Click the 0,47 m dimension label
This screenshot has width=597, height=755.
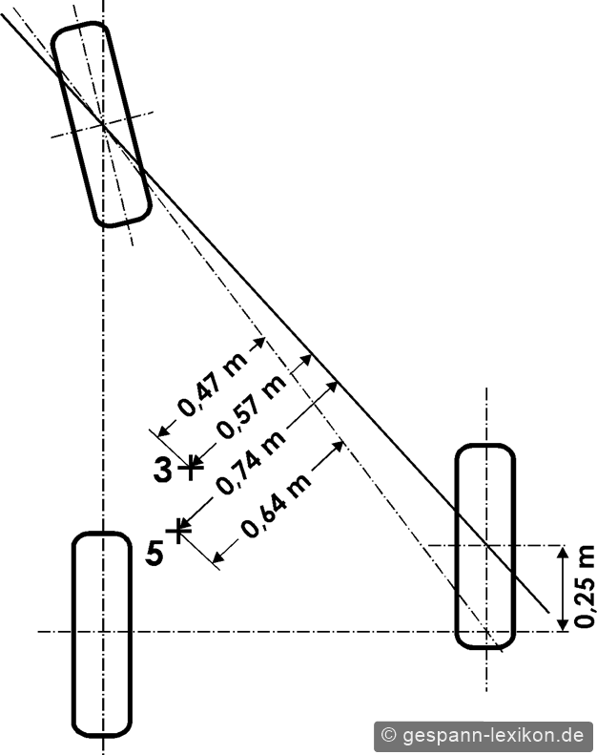point(212,384)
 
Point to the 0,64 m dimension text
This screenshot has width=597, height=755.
point(277,506)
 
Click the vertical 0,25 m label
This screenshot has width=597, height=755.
point(584,586)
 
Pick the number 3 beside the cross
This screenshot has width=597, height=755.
point(162,470)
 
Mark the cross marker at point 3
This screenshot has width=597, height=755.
point(191,467)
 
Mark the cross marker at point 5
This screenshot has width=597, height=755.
point(178,530)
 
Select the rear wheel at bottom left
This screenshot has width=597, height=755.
point(72,635)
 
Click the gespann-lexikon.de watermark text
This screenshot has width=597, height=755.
point(492,735)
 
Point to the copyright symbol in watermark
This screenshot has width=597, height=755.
point(388,735)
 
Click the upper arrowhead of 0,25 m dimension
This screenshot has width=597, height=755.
point(562,552)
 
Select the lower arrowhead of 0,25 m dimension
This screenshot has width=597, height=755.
point(562,624)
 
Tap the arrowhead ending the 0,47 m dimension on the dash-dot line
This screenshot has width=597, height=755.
point(259,343)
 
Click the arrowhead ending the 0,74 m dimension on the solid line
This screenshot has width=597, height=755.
point(331,386)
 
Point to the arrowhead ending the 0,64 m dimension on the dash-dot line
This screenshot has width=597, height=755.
point(339,446)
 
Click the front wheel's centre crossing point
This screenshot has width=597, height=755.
point(102,125)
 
